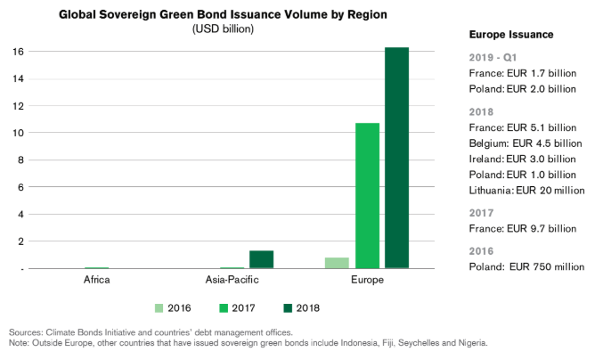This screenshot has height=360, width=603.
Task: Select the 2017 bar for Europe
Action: click(367, 195)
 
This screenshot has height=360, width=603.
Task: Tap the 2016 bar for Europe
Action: click(337, 262)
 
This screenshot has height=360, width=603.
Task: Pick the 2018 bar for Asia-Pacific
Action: click(261, 258)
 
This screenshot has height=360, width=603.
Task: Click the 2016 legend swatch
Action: click(160, 307)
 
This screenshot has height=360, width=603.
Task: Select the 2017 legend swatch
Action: click(221, 307)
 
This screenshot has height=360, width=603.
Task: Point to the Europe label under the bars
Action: click(367, 282)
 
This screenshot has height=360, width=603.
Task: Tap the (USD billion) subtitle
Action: click(223, 29)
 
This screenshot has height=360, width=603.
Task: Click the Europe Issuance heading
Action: click(511, 34)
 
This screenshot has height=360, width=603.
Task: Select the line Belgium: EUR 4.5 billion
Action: click(525, 143)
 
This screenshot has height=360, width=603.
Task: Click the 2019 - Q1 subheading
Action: click(493, 57)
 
